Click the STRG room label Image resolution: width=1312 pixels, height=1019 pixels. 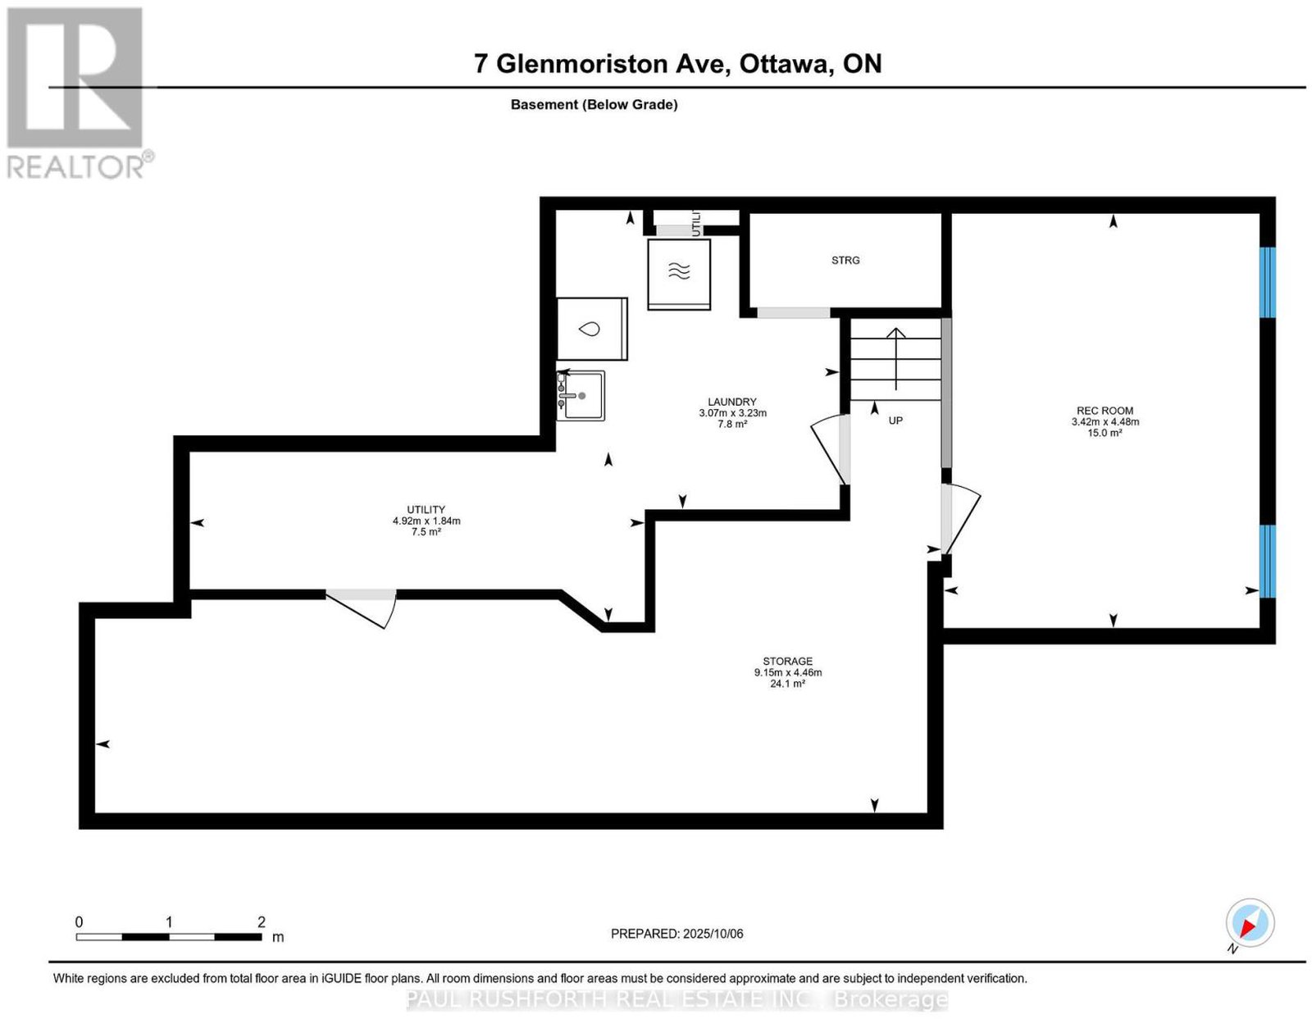pos(845,261)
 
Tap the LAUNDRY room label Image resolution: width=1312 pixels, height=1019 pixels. pos(731,402)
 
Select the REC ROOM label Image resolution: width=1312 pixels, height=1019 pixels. pos(1105,411)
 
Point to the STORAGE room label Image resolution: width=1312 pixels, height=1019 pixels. pos(787,662)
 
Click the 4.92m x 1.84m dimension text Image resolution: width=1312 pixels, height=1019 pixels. pos(426,521)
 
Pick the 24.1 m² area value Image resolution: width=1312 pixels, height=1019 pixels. pos(787,685)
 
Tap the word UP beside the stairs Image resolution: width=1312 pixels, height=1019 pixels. pos(895,421)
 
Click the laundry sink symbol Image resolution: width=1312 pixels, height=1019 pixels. pos(581,395)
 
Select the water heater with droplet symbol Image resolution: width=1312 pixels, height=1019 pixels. pos(592,329)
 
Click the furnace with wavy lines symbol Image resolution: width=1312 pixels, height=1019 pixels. pos(679,275)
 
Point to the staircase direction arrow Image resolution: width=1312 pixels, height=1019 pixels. pos(896,359)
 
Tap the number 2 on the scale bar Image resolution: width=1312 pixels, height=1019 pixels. pos(262,922)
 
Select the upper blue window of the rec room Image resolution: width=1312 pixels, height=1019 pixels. pos(1268,282)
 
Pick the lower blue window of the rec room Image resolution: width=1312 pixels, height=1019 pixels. pos(1268,561)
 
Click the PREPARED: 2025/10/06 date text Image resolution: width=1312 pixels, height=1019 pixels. pos(676,934)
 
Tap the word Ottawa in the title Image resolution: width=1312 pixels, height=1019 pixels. pos(784,64)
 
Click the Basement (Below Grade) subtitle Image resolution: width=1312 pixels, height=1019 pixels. pos(594,104)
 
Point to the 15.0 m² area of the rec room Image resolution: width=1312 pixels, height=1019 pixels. pos(1105,433)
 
